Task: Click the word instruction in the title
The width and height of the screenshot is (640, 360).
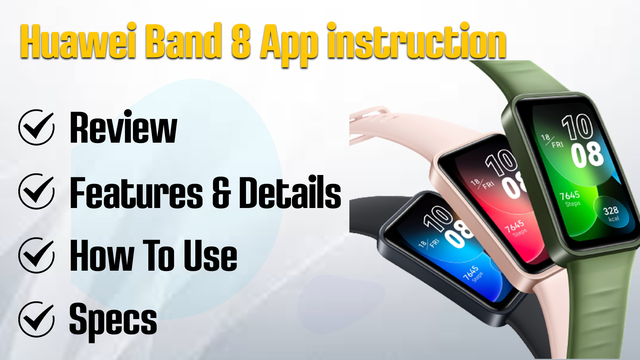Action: (417, 41)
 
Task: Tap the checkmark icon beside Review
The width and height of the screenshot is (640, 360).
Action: (36, 127)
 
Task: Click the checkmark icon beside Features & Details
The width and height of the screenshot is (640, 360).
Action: (36, 191)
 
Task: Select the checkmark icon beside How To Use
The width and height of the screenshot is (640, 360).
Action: (36, 255)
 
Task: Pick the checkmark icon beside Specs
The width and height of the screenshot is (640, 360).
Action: (36, 319)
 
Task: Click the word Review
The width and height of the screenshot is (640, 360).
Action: (123, 127)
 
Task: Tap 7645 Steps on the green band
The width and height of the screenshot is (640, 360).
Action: (570, 199)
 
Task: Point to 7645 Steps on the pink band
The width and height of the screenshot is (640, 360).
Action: (515, 228)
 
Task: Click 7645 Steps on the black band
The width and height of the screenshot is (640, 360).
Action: (472, 274)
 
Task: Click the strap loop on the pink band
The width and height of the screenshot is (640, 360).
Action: (370, 115)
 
